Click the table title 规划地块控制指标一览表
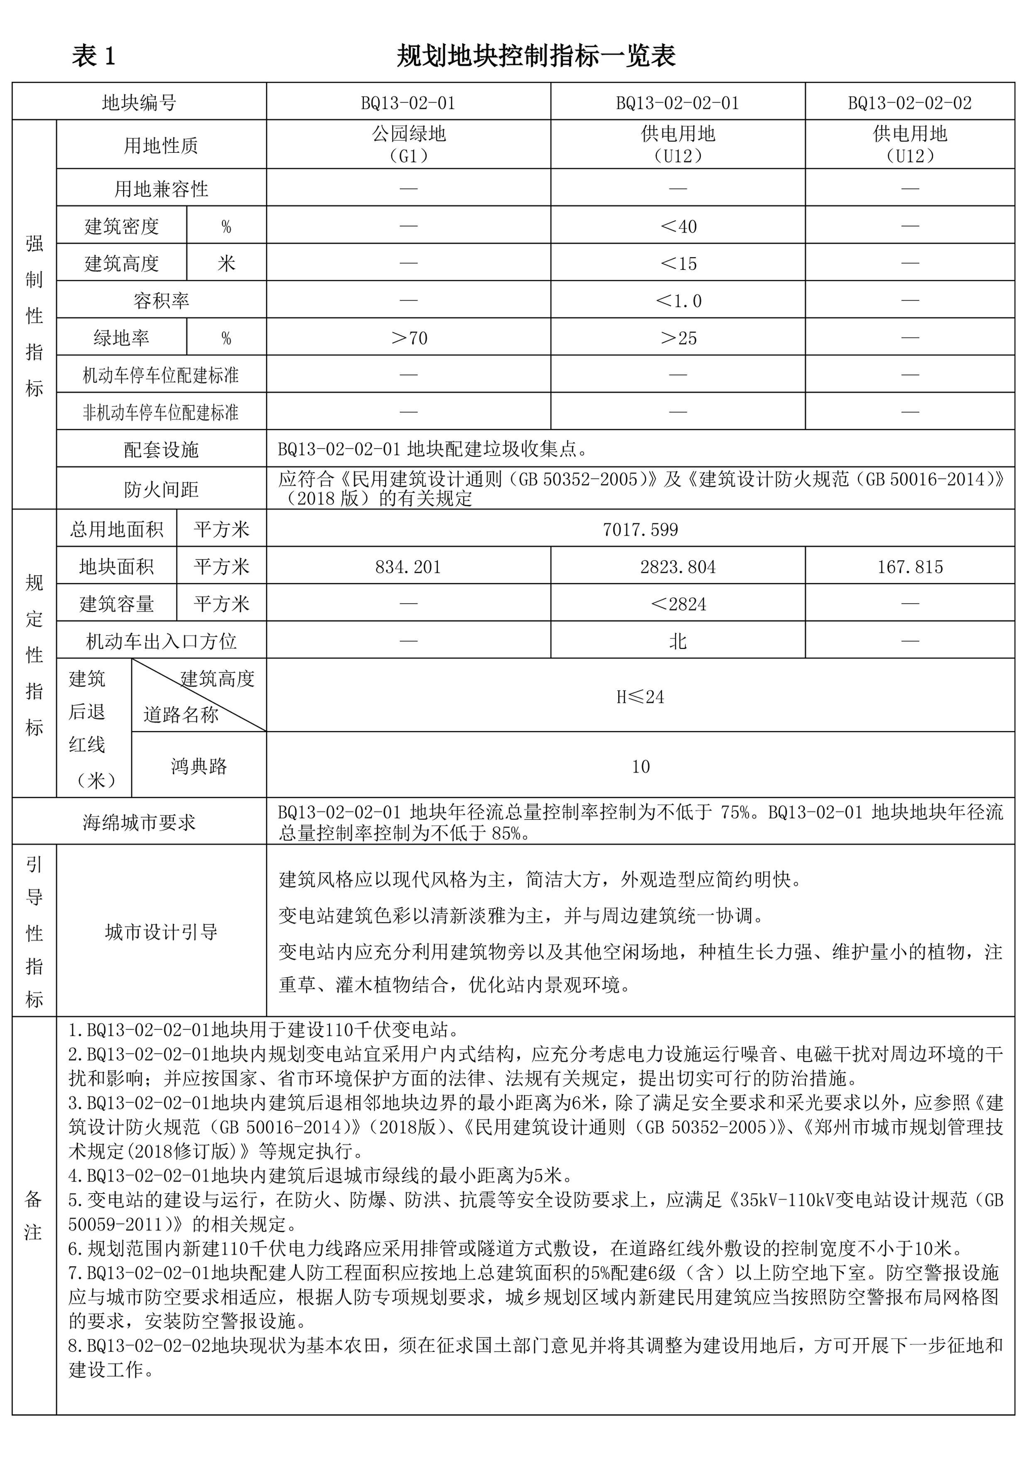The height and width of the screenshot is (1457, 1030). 536,56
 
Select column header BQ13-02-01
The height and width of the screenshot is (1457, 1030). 408,103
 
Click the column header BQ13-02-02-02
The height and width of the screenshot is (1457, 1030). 910,103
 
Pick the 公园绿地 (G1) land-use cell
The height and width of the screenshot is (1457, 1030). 408,145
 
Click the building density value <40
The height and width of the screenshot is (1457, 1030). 678,226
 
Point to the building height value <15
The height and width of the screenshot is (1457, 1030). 678,263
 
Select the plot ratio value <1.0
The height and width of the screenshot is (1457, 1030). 678,301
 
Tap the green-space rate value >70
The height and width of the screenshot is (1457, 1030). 408,338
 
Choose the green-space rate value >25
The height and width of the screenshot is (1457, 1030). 678,338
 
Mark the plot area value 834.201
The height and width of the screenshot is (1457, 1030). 408,567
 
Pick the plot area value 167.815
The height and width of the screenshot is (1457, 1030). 910,567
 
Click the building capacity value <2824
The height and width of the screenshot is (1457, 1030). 678,604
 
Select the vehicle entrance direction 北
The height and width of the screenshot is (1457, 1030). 678,642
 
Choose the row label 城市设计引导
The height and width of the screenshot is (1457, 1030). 161,932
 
